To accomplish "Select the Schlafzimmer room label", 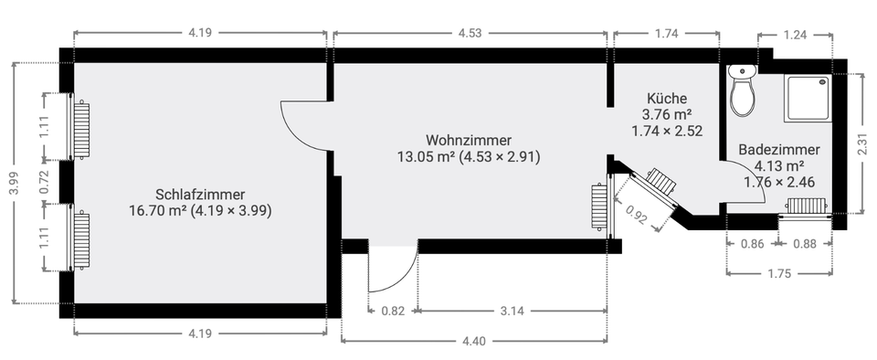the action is pos(200,195).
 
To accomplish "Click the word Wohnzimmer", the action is pos(468,140).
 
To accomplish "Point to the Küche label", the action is pos(667,99).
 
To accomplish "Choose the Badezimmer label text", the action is pos(779,150).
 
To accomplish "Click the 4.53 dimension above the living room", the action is pos(470,33).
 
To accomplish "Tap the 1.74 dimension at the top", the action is pos(667,33).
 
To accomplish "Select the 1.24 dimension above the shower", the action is pos(795,35).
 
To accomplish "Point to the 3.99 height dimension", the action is pos(14,183).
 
